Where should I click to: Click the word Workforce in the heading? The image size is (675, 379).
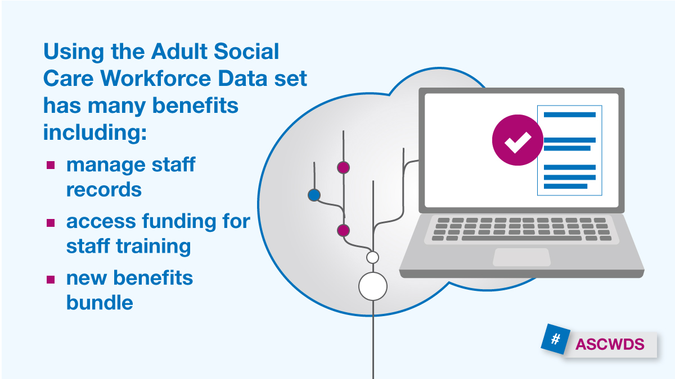pyautogui.click(x=156, y=78)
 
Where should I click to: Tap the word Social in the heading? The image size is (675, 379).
pyautogui.click(x=246, y=51)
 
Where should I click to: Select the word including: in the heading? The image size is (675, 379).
pyautogui.click(x=95, y=132)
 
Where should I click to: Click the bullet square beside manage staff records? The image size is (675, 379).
pyautogui.click(x=51, y=165)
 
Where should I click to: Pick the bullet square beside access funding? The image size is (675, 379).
pyautogui.click(x=51, y=222)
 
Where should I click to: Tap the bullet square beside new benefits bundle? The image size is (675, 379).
pyautogui.click(x=51, y=280)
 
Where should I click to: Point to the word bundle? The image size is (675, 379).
pyautogui.click(x=100, y=302)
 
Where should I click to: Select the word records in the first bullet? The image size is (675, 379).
pyautogui.click(x=104, y=190)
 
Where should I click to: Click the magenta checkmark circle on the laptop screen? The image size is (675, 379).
pyautogui.click(x=517, y=140)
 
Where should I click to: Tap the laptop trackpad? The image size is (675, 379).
pyautogui.click(x=521, y=257)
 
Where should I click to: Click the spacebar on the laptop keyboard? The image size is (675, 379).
pyautogui.click(x=521, y=238)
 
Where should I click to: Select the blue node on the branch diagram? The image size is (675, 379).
pyautogui.click(x=314, y=195)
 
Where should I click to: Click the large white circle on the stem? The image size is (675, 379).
pyautogui.click(x=373, y=286)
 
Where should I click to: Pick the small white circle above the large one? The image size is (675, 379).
pyautogui.click(x=373, y=258)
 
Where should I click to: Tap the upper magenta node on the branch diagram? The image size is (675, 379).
pyautogui.click(x=343, y=167)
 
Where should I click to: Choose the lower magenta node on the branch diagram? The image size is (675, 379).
pyautogui.click(x=343, y=230)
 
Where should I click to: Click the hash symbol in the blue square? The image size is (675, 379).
pyautogui.click(x=555, y=339)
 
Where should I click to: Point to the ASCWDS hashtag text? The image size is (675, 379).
pyautogui.click(x=610, y=344)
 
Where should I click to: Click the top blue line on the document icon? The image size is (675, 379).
pyautogui.click(x=569, y=115)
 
